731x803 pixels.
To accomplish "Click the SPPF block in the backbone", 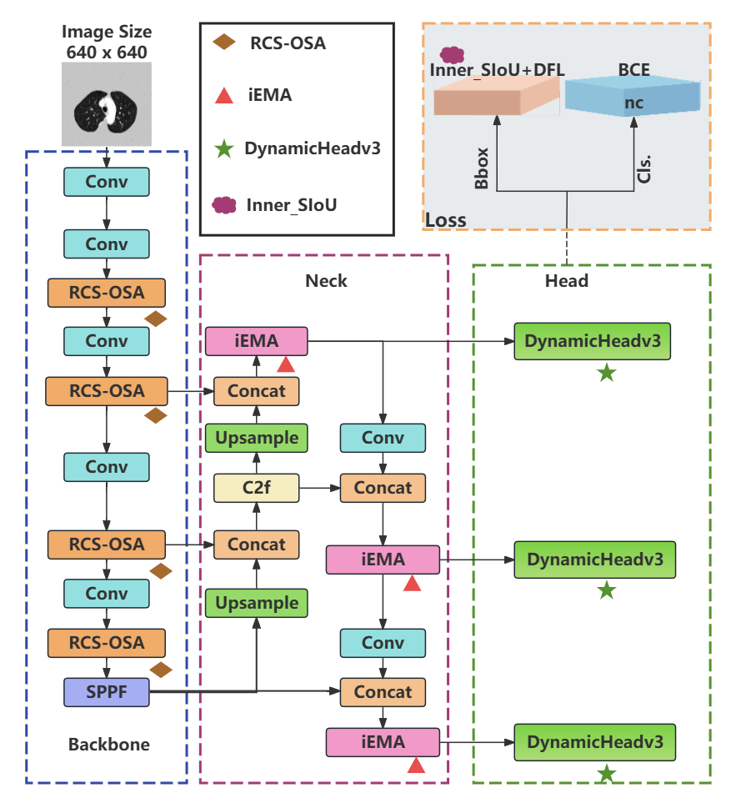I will click(106, 692).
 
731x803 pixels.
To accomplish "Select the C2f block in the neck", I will click(256, 488).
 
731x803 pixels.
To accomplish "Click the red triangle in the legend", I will click(223, 95).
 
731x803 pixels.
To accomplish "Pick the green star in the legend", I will click(223, 149).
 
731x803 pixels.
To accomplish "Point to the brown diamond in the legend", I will click(223, 43).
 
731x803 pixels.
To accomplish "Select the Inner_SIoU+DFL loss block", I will click(497, 97).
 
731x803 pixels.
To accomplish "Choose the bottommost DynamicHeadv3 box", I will click(594, 741).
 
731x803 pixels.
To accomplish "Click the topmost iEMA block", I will click(256, 341).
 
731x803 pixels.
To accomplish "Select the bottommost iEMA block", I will click(383, 741).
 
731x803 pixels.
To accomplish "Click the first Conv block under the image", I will click(107, 182).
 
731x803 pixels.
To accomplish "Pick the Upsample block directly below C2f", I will click(256, 602).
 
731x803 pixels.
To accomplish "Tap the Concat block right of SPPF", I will click(383, 692).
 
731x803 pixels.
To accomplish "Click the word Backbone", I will click(108, 744).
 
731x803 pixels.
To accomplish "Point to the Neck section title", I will click(326, 280).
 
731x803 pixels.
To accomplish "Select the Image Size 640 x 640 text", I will click(107, 42).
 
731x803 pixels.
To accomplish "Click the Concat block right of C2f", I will click(383, 488).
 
